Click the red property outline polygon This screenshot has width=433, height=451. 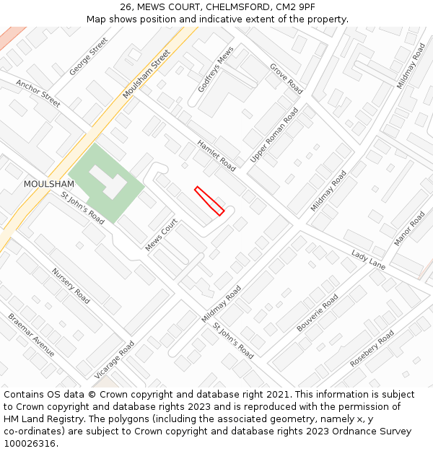click(x=209, y=201)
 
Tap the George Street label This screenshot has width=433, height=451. click(x=88, y=57)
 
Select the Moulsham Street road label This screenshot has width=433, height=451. click(x=146, y=74)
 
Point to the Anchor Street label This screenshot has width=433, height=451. click(x=38, y=93)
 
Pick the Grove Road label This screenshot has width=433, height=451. click(x=286, y=78)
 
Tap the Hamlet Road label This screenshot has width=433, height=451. click(x=216, y=154)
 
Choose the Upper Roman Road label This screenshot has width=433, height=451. click(x=274, y=135)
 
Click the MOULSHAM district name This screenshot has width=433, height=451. click(x=48, y=184)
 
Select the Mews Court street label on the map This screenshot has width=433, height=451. click(x=161, y=235)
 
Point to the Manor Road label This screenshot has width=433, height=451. click(x=409, y=228)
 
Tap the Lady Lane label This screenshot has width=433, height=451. click(x=368, y=260)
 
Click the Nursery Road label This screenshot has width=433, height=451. click(x=71, y=285)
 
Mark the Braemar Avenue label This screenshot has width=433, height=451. click(x=32, y=334)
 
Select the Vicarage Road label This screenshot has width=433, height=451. click(x=114, y=359)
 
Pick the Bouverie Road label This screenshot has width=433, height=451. click(x=318, y=312)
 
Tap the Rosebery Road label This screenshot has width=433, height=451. click(x=372, y=349)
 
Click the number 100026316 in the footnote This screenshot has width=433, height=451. click(x=30, y=443)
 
